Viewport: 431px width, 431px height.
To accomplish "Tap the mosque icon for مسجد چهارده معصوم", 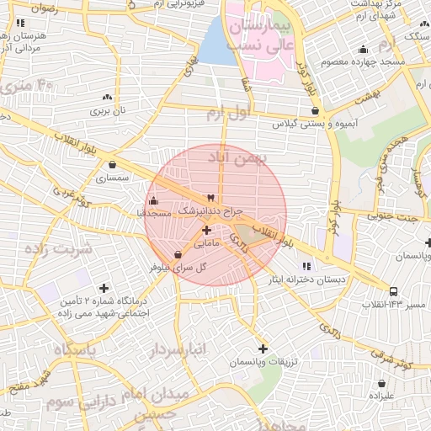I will (x=363, y=49).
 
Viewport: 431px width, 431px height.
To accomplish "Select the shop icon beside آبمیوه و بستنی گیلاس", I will (x=315, y=109).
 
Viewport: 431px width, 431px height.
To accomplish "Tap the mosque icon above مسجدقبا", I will (x=152, y=200).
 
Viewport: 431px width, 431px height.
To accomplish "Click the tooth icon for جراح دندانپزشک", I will (x=210, y=195).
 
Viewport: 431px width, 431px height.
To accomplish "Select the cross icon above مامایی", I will (x=206, y=229).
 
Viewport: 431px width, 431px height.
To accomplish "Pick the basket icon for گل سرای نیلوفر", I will (x=178, y=254).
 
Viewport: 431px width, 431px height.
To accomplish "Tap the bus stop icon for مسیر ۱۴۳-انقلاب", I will (x=395, y=292).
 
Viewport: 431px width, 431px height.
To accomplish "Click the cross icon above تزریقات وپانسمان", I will (x=263, y=348).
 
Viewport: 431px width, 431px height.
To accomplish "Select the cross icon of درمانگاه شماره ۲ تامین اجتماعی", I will (x=104, y=288).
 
